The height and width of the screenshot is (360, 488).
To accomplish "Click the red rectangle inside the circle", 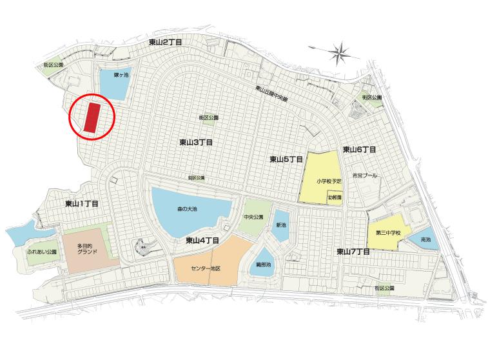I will coord(92,118).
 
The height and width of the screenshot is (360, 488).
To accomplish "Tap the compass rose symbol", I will coord(340,50).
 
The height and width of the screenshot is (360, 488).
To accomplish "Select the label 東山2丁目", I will coord(165,42).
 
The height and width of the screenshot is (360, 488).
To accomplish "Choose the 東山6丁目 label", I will coord(359,149).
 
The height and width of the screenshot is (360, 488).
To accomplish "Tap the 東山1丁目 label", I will coord(81,204).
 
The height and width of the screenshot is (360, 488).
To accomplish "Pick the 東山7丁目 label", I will coord(353,251).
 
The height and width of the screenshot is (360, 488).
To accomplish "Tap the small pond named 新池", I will coord(280,225).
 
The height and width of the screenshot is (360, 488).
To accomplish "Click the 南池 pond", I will coord(425,239).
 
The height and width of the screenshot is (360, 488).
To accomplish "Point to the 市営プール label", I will coord(364,175).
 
